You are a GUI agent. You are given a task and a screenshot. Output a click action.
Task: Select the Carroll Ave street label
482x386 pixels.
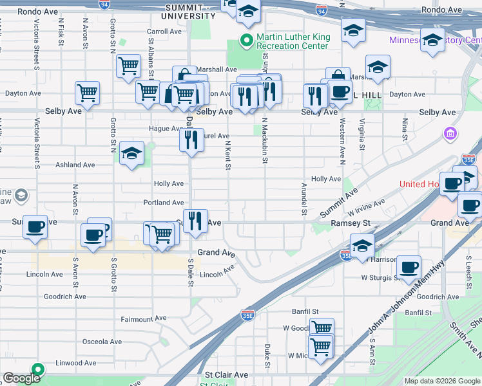[165, 31]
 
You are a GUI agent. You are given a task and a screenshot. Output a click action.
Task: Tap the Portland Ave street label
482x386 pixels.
[164, 203]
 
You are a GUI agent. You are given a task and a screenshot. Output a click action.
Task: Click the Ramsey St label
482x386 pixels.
[351, 223]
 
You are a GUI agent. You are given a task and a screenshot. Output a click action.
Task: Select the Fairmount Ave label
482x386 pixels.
[144, 318]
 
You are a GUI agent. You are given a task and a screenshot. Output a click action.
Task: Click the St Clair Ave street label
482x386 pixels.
[226, 374]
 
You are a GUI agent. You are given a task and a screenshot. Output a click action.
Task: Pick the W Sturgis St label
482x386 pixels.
[381, 278]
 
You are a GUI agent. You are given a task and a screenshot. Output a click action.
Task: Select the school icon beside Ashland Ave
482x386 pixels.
[131, 154]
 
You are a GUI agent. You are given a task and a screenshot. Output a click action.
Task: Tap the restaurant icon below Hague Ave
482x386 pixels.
[191, 139]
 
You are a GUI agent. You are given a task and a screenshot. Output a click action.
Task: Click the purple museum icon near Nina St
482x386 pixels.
[450, 134]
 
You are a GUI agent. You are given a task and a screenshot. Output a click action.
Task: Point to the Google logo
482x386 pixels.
[21, 378]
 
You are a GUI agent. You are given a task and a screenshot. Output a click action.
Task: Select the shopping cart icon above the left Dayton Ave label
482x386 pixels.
[87, 93]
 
